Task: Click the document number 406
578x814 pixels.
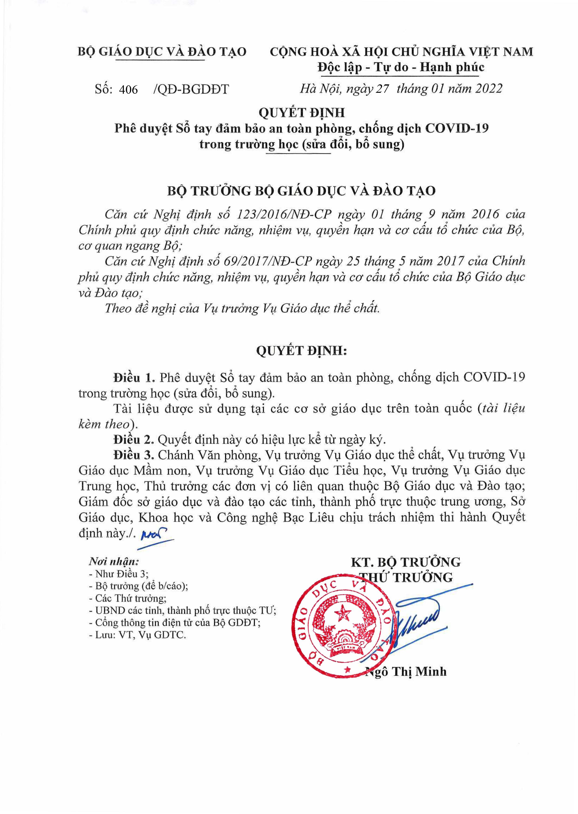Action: (x=128, y=89)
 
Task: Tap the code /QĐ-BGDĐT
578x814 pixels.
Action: (x=191, y=89)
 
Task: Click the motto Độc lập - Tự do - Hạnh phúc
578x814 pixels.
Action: (x=401, y=67)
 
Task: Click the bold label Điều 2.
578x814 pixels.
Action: (x=134, y=440)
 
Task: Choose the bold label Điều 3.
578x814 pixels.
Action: (x=134, y=455)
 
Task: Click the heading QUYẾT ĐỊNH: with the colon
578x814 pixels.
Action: (x=301, y=351)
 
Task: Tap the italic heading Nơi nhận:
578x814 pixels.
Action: (x=114, y=562)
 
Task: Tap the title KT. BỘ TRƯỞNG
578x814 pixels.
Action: (x=406, y=562)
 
